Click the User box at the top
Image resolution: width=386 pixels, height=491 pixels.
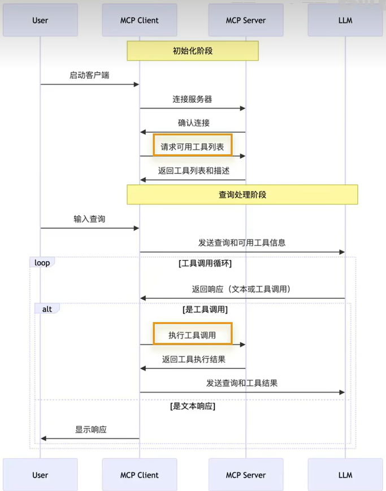40,20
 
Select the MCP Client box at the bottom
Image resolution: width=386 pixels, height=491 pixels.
139,475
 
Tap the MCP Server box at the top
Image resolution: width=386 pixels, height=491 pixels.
245,20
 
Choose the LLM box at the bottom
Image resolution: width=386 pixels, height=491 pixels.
345,475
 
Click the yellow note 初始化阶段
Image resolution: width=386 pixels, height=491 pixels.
193,51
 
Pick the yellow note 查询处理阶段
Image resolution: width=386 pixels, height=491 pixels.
242,194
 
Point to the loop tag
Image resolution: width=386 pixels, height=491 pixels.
42,263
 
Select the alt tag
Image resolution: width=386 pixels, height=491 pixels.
47,309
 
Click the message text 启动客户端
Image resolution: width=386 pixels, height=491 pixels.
89,75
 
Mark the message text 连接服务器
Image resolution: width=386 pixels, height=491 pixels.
192,99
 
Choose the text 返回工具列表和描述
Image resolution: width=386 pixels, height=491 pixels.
193,170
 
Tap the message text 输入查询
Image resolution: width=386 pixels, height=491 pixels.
89,219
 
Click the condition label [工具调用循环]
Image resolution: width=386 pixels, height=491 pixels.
205,263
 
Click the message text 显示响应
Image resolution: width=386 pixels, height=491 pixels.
91,429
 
